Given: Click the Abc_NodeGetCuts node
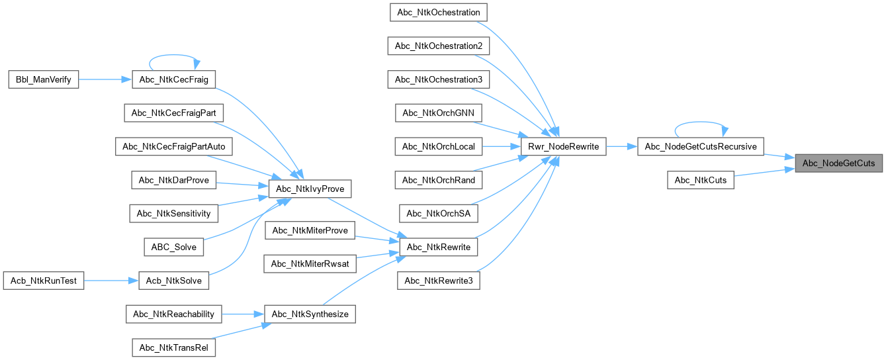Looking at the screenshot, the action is [x=838, y=163].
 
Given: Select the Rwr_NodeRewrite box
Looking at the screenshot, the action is [x=563, y=146].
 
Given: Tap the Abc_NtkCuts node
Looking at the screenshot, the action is [x=701, y=180].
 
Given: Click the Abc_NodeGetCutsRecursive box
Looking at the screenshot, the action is [x=701, y=146].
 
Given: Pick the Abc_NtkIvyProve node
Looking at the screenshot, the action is [x=310, y=189].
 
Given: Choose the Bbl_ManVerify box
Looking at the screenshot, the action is [x=44, y=79].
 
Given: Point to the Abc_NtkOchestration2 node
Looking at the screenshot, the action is [x=438, y=46].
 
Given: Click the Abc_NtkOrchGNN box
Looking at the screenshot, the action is [x=438, y=112].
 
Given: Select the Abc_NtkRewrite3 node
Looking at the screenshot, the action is [x=438, y=281].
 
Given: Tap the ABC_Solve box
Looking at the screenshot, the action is [x=173, y=247].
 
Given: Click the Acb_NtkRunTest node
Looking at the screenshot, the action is [x=44, y=281].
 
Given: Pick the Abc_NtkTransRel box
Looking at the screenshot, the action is [x=173, y=347].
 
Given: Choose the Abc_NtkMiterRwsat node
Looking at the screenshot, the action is [x=310, y=263].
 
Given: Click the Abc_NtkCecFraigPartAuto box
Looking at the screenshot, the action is [x=173, y=146].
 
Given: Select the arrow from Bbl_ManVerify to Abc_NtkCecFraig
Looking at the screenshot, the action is [x=105, y=79].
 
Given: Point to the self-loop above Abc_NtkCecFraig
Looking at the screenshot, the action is [x=174, y=56].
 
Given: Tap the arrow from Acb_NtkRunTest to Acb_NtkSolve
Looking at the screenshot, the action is [x=111, y=281].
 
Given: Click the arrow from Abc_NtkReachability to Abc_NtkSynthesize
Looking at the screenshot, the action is [x=242, y=314].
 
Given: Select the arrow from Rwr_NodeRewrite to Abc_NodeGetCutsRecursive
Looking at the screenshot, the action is [x=621, y=146].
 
